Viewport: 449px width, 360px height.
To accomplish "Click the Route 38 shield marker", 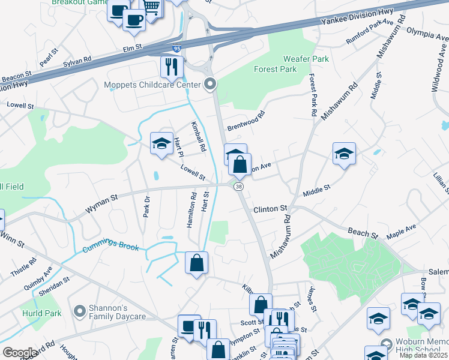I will [240, 187].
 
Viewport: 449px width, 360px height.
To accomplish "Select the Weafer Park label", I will [306, 59].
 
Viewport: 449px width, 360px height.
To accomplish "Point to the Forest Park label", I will [275, 69].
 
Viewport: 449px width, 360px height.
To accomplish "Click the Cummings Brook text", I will [111, 247].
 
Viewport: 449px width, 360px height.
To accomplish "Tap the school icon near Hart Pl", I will [161, 143].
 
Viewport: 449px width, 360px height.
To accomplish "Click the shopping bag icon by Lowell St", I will [240, 164].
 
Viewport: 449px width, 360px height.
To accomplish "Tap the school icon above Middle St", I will [345, 154].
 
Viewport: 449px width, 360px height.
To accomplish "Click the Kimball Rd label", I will [199, 137].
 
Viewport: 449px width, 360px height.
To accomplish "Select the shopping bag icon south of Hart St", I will [197, 263].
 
